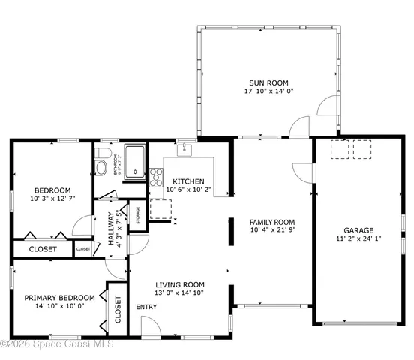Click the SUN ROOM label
(x=268, y=82)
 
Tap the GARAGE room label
(x=358, y=231)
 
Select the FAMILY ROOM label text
(x=271, y=222)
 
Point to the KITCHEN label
(x=188, y=181)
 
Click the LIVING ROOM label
(x=180, y=284)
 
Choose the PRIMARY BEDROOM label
(x=60, y=297)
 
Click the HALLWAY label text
(x=109, y=228)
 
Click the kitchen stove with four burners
(x=157, y=177)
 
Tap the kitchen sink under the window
(x=185, y=149)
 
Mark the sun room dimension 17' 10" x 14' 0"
(x=268, y=92)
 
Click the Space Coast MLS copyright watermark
(x=57, y=344)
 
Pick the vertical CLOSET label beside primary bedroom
(x=118, y=308)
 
